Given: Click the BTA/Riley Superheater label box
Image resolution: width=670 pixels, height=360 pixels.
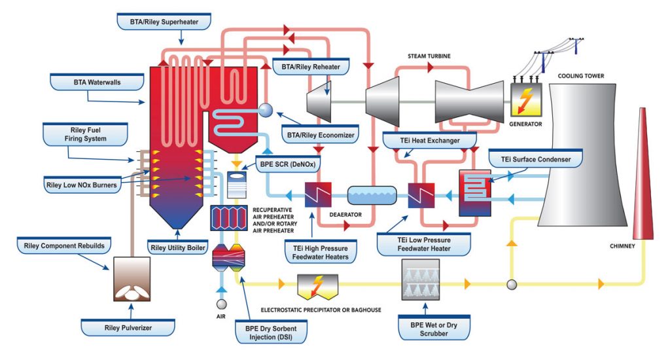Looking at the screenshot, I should click(x=164, y=22).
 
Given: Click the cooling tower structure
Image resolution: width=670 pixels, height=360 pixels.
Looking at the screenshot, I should click(x=579, y=157).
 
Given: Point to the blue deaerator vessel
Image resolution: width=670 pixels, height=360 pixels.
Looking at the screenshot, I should click(x=372, y=195).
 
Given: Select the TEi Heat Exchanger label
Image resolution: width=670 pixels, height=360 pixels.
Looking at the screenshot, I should click(x=430, y=140).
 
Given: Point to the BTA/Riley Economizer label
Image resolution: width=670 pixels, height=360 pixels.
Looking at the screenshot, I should click(x=319, y=135).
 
